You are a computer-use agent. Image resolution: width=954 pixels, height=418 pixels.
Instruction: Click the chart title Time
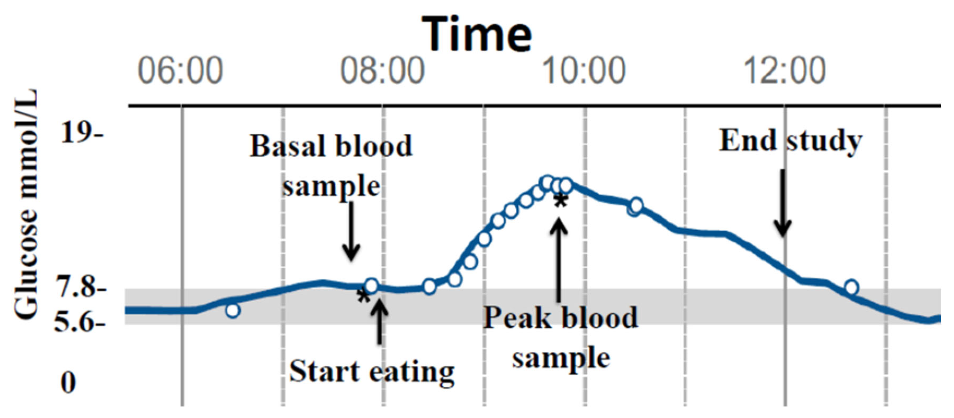(x=476, y=34)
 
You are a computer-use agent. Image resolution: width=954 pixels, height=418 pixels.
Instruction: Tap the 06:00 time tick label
(x=180, y=71)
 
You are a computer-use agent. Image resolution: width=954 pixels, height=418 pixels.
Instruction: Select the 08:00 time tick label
(x=382, y=71)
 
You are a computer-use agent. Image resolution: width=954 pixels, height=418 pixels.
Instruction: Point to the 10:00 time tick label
(x=584, y=71)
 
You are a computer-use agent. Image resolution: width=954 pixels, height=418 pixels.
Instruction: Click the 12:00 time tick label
(x=785, y=71)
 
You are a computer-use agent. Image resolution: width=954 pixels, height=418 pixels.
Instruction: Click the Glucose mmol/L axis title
(x=26, y=204)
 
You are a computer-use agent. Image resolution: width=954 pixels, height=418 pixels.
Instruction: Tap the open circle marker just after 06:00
(x=233, y=310)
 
